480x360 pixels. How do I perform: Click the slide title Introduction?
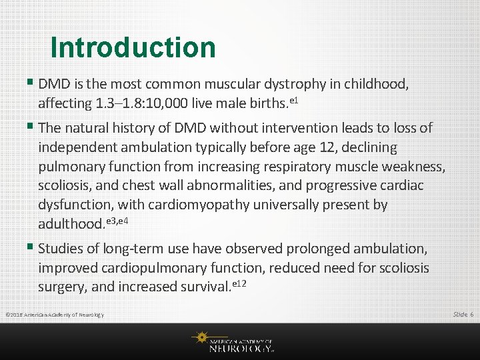[133, 47]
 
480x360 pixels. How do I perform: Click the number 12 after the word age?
[388, 147]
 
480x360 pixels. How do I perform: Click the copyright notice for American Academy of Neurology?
[54, 314]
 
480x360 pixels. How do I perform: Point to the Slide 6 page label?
[462, 314]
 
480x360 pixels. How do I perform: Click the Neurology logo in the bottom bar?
[233, 341]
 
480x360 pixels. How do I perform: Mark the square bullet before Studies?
[32, 248]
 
